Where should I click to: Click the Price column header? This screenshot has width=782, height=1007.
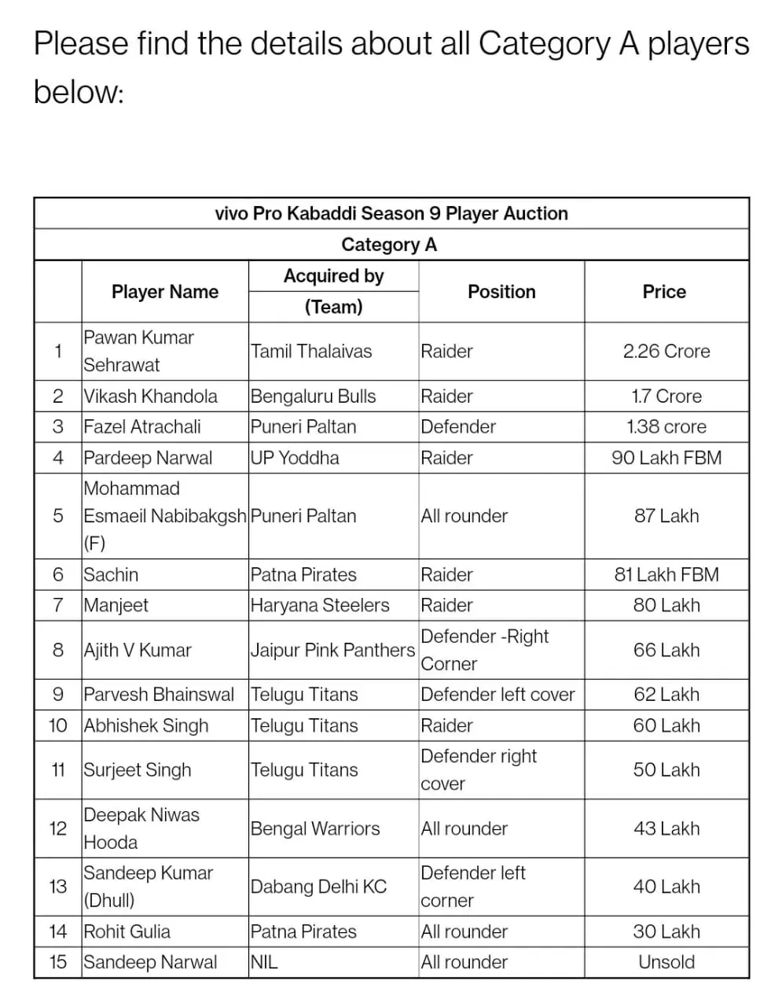[x=664, y=292]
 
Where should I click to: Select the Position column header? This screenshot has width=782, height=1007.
[x=501, y=292]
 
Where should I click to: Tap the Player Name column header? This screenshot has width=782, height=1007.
[x=165, y=292]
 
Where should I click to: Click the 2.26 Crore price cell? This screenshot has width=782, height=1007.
[x=666, y=352]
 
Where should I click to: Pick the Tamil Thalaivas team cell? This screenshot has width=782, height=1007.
[x=311, y=352]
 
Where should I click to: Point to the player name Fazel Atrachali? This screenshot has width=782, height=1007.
[x=142, y=427]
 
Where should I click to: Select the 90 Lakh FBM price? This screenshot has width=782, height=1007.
[x=666, y=458]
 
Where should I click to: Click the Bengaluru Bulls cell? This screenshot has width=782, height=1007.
[x=313, y=397]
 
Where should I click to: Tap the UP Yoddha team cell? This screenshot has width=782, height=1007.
[x=295, y=458]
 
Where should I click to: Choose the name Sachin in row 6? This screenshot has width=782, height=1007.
[x=111, y=575]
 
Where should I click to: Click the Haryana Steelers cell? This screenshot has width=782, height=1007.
[x=320, y=606]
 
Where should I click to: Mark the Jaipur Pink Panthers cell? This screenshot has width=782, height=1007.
[x=332, y=651]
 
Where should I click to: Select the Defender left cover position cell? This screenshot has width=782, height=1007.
[x=497, y=695]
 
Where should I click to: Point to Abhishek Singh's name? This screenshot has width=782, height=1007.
[x=146, y=726]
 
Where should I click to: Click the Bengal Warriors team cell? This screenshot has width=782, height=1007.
[x=315, y=829]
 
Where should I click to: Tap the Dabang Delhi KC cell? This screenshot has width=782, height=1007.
[x=318, y=887]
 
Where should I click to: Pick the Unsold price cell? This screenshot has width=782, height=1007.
[x=666, y=962]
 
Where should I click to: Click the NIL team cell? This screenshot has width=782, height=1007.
[x=264, y=962]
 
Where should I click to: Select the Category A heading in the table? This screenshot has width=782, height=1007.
[x=389, y=245]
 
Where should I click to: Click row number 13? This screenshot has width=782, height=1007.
[x=58, y=887]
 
